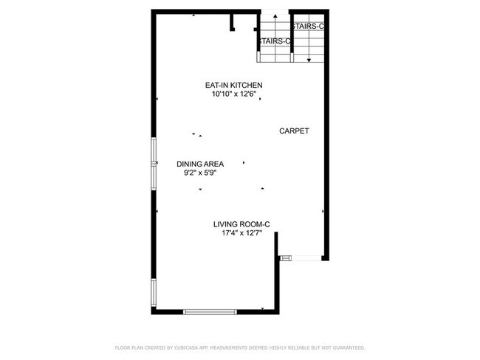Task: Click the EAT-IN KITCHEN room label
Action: (x=233, y=86)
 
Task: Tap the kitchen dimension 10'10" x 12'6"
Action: (x=233, y=94)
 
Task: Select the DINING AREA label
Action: (x=199, y=164)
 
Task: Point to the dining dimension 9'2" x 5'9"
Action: (x=199, y=173)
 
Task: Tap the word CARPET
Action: (x=294, y=131)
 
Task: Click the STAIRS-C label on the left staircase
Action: (x=274, y=41)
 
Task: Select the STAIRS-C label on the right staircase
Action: (x=309, y=27)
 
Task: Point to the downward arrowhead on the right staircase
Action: (x=309, y=58)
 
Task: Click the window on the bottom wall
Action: (x=210, y=312)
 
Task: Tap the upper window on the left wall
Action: (x=154, y=162)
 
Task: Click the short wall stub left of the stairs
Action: (x=233, y=22)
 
